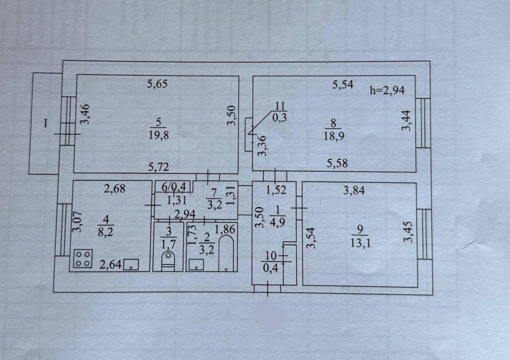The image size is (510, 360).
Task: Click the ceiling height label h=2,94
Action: (387, 90)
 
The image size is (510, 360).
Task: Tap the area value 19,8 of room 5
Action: (159, 135)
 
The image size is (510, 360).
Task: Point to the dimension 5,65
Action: (157, 84)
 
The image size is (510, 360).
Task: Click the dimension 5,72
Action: (159, 167)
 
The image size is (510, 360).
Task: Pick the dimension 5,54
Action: (343, 85)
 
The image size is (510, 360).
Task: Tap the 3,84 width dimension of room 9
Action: (354, 190)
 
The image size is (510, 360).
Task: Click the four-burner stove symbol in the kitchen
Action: (83, 258)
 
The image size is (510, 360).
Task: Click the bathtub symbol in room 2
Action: (226, 253)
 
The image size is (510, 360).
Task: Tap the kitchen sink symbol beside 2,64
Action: (131, 264)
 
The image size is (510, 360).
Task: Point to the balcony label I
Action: (46, 123)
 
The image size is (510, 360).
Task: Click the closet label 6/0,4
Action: (174, 187)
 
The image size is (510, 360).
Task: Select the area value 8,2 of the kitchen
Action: (106, 232)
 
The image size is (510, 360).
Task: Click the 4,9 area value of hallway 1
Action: (278, 223)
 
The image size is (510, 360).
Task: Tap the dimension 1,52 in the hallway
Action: (276, 190)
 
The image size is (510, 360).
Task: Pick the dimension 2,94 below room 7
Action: (185, 214)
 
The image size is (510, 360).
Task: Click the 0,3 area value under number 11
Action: (279, 117)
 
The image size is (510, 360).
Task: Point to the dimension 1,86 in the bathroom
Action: (224, 229)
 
